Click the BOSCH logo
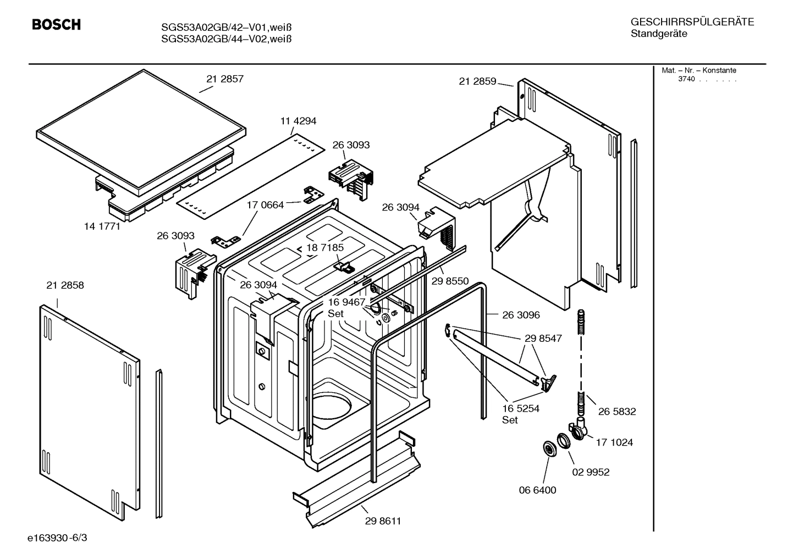tap(56, 25)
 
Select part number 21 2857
tap(225, 79)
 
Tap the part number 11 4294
tap(298, 121)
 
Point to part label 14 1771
tap(102, 226)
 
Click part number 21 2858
tap(65, 285)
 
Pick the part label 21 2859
tap(477, 81)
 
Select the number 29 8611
tap(383, 521)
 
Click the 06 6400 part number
tap(538, 490)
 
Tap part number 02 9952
tap(591, 472)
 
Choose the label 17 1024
tap(614, 442)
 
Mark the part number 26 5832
tap(617, 412)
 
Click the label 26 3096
tap(521, 315)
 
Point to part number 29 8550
tap(450, 281)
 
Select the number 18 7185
tap(325, 247)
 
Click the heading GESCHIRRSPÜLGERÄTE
tap(692, 22)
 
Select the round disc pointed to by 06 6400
tap(549, 448)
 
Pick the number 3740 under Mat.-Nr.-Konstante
tap(686, 79)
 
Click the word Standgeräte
tap(659, 34)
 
